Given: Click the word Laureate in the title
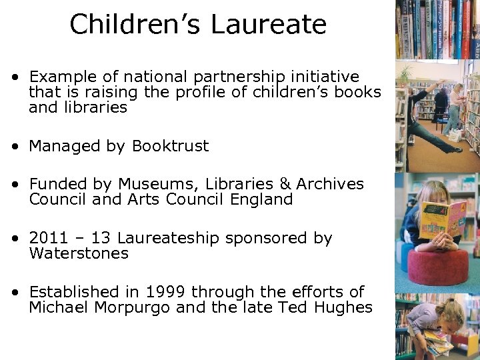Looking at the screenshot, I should point(269,25).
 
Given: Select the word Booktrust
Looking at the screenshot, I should point(171,146).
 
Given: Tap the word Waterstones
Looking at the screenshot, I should point(79,253).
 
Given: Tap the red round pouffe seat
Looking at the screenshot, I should point(437,267).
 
